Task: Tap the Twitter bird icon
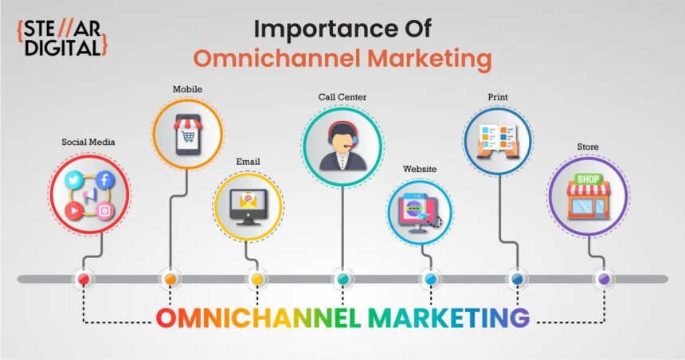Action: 75,180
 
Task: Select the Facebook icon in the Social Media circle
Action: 104,180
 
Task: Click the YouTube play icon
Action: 74,209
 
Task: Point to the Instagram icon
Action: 104,209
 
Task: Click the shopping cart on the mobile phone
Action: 187,136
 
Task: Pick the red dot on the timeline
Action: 83,279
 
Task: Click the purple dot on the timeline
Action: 604,279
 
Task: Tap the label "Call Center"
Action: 342,97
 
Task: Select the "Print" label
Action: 498,97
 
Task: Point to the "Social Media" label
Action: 88,143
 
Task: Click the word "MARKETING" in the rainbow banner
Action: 448,318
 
